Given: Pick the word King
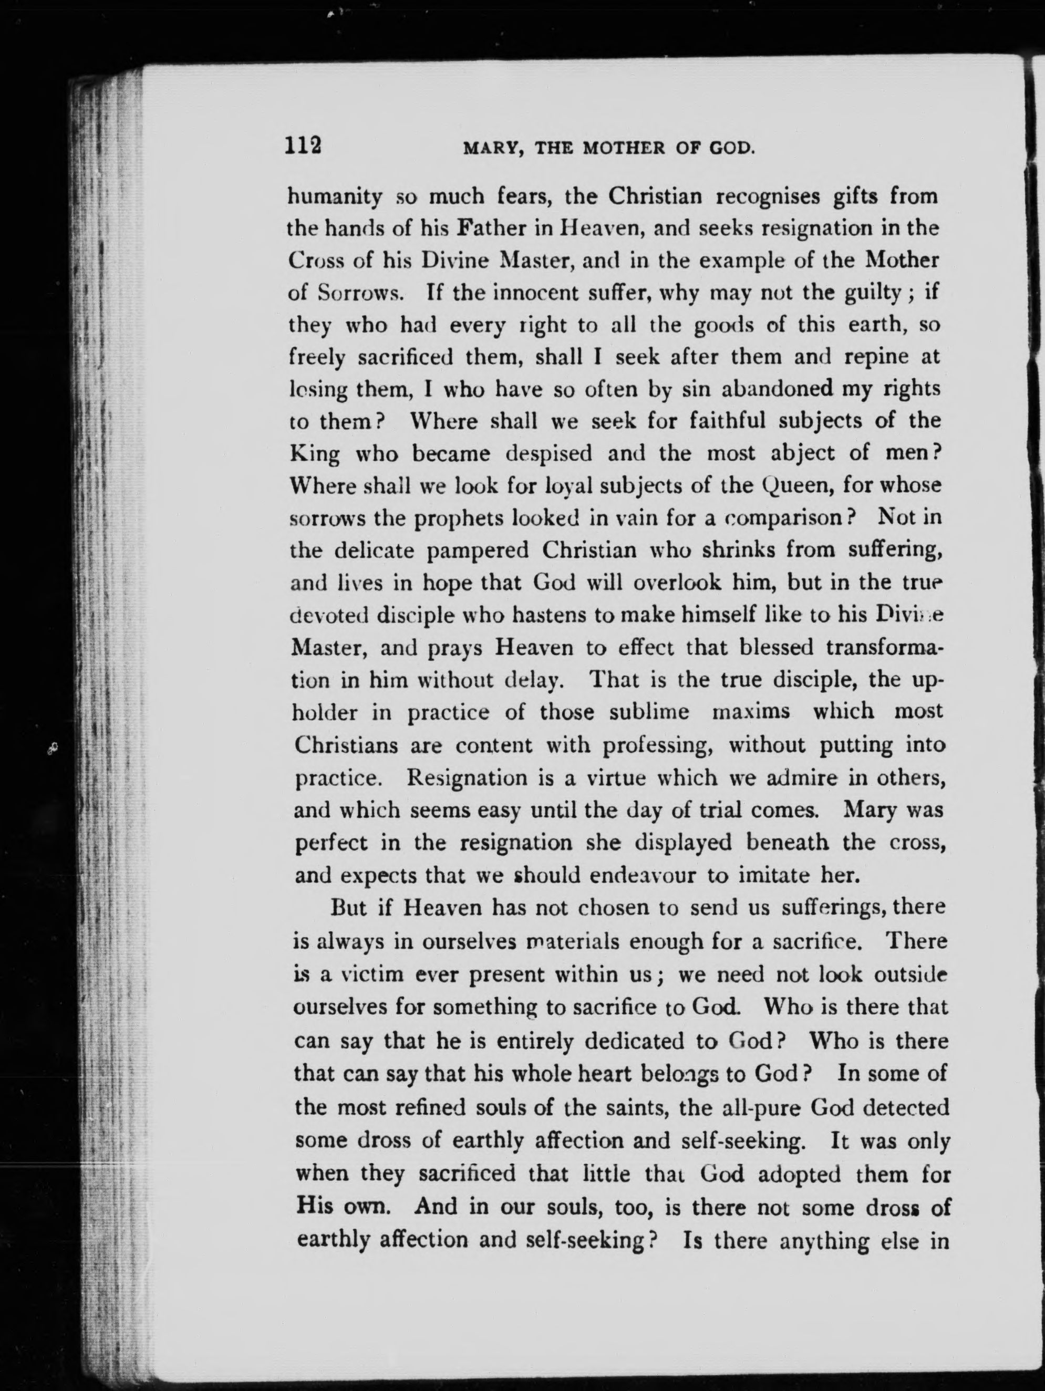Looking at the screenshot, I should pos(314,454).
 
